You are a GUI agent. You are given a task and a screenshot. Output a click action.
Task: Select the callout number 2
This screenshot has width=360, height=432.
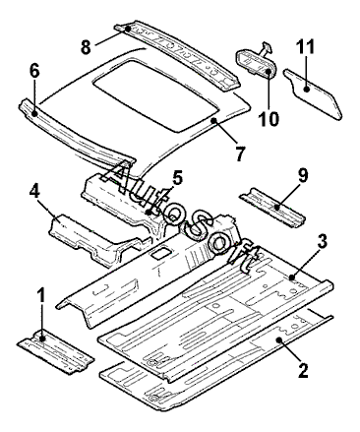302,368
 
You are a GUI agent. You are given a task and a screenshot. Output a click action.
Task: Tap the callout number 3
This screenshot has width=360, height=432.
322,242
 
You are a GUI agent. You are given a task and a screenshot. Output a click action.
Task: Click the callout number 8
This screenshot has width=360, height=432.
86,46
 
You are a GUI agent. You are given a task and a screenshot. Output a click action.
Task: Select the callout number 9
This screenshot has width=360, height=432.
302,174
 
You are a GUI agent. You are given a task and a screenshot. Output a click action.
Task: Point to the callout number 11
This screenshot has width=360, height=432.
306,45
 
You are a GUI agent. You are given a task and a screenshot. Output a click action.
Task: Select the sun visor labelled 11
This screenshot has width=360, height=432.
313,93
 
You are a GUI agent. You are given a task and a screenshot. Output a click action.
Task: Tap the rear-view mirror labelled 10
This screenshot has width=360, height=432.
256,61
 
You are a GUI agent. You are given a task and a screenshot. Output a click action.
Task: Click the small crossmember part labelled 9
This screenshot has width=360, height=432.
271,207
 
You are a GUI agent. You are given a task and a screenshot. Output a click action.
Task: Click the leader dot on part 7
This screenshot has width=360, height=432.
213,120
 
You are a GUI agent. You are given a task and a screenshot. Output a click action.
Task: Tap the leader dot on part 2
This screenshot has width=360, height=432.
279,339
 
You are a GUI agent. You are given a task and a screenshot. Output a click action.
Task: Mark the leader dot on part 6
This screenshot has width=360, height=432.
34,113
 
